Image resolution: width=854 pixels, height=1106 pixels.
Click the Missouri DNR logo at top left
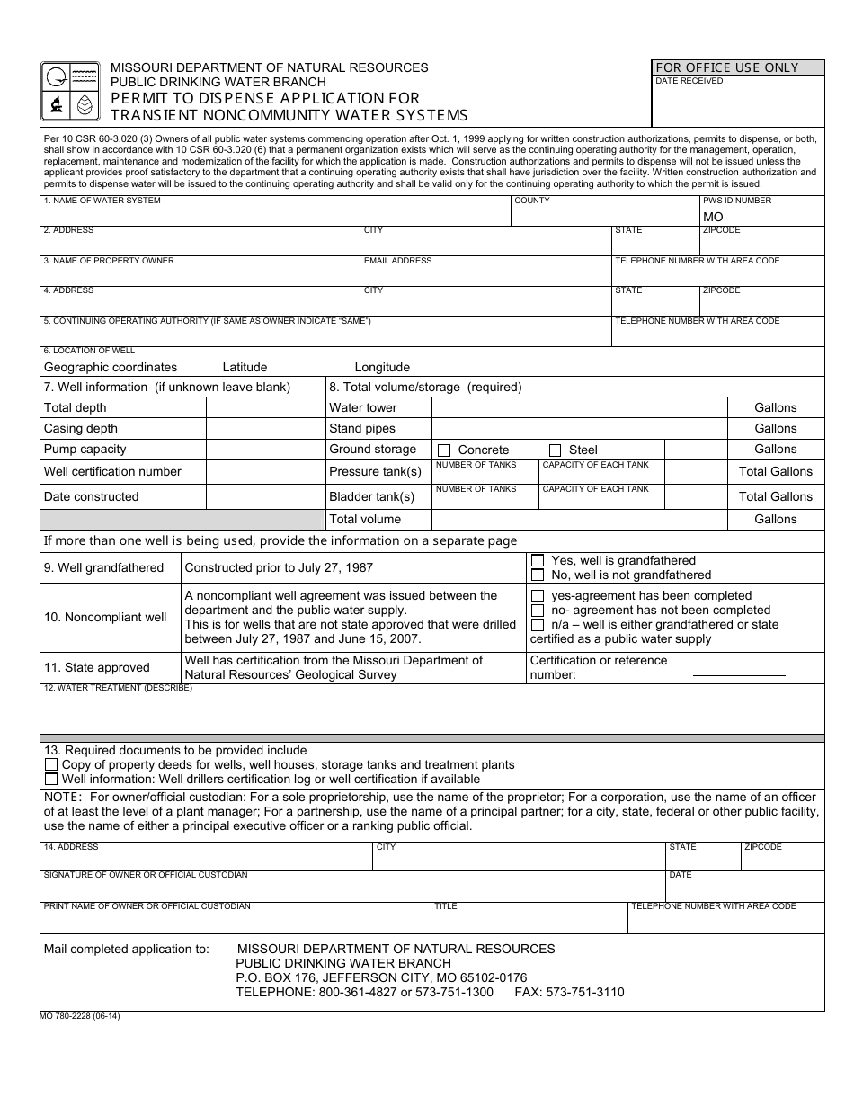pos(70,91)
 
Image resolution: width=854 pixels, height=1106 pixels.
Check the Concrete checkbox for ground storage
pos(444,450)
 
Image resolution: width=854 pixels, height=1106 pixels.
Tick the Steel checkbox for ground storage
pos(555,450)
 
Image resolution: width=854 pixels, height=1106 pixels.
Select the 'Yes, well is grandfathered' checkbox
pos(538,560)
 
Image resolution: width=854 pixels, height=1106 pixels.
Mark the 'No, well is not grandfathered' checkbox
pos(538,575)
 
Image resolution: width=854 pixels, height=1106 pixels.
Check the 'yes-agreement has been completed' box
pos(538,595)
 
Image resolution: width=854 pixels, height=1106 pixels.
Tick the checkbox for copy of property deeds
pos(51,764)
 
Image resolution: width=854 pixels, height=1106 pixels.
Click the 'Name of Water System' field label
pos(102,201)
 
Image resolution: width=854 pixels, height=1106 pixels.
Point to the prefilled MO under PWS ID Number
pos(713,217)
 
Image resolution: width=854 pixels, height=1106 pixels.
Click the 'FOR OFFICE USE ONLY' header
pos(726,67)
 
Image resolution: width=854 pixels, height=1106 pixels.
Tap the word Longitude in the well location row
pos(382,367)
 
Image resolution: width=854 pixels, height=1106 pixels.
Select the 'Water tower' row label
pos(362,407)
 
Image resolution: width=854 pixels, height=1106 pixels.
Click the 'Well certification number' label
pos(112,471)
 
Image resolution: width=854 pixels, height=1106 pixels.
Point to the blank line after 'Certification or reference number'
pos(738,674)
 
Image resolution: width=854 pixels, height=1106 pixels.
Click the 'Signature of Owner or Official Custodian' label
pos(146,875)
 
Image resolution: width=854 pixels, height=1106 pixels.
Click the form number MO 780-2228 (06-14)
pos(80,1016)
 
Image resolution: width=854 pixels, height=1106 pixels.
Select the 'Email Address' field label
pos(397,261)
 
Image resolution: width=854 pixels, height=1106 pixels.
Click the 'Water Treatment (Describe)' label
pos(118,688)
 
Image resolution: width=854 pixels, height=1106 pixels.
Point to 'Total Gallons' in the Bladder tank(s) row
pos(775,496)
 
